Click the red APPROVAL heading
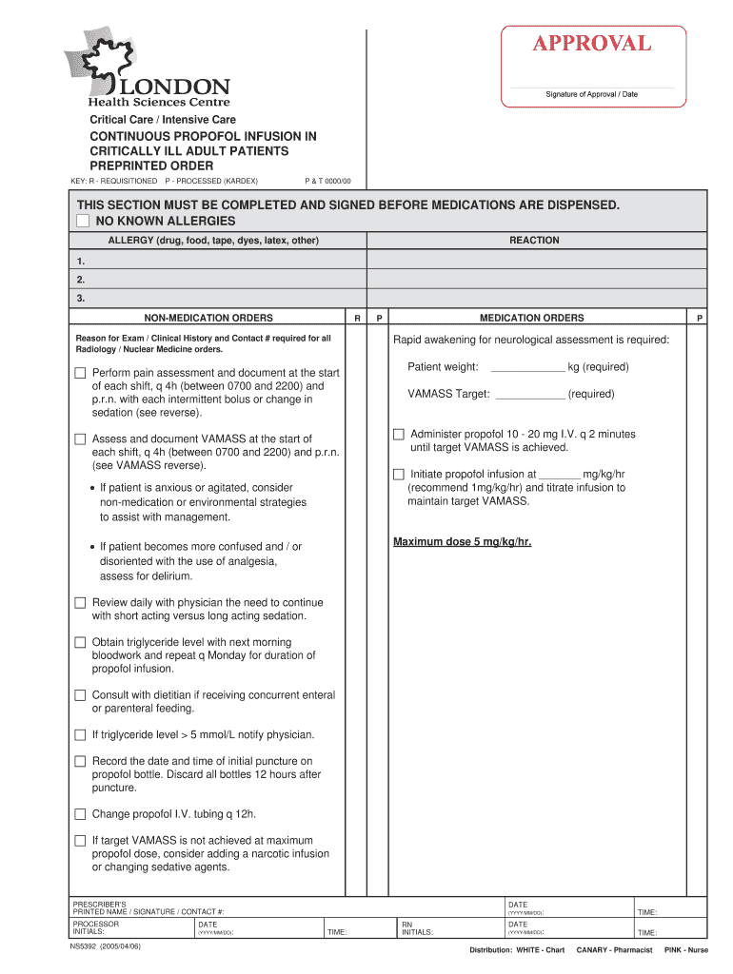591,44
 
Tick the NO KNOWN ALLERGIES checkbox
83,221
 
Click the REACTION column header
534,241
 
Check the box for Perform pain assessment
80,373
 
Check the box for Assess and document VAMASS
80,439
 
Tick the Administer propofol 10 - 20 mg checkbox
399,435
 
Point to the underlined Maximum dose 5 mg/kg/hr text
462,542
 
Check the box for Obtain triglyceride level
80,643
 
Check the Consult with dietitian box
80,695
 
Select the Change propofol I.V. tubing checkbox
80,814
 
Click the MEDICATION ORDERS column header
531,318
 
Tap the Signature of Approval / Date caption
591,94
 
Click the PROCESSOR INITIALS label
96,927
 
